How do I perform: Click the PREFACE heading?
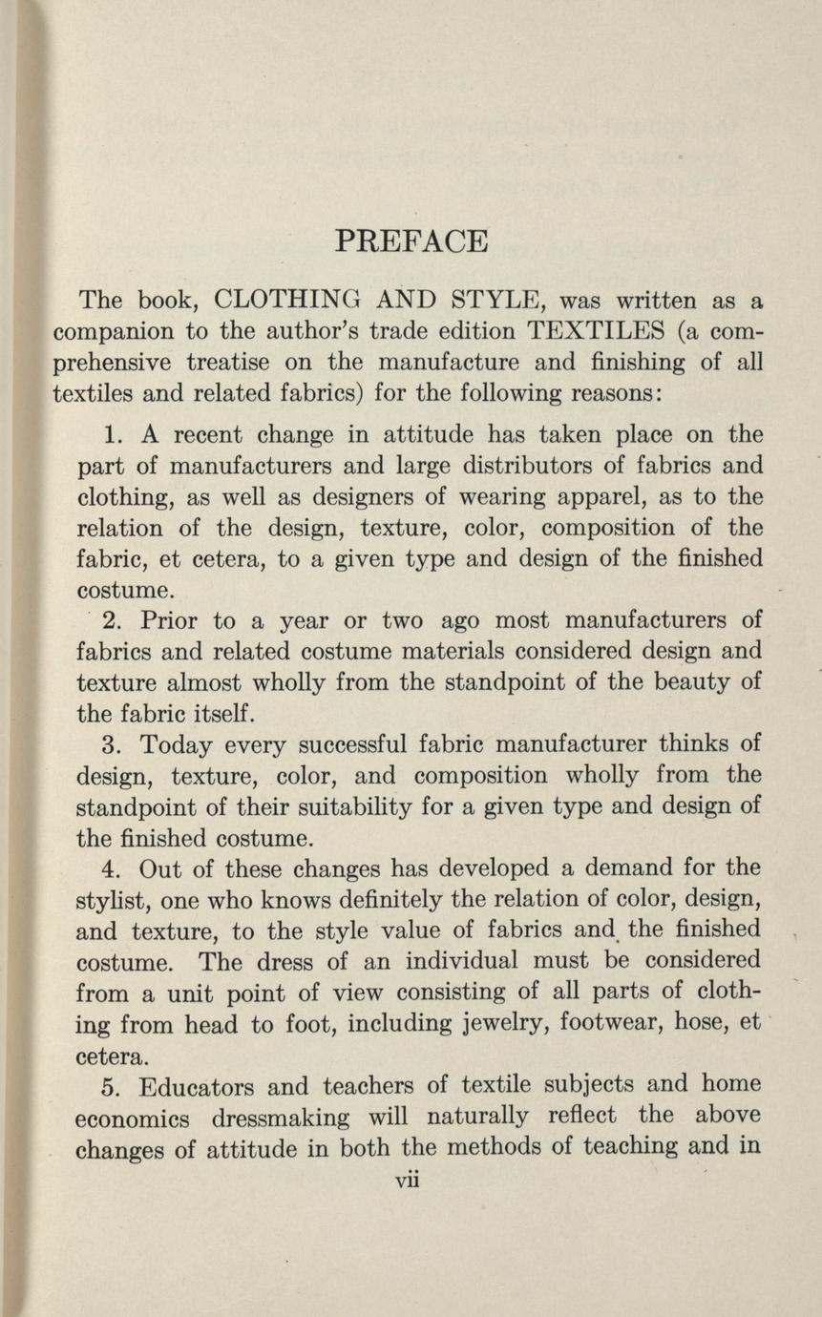pos(411,240)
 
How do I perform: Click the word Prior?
pos(169,621)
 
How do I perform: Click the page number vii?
pos(409,1179)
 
